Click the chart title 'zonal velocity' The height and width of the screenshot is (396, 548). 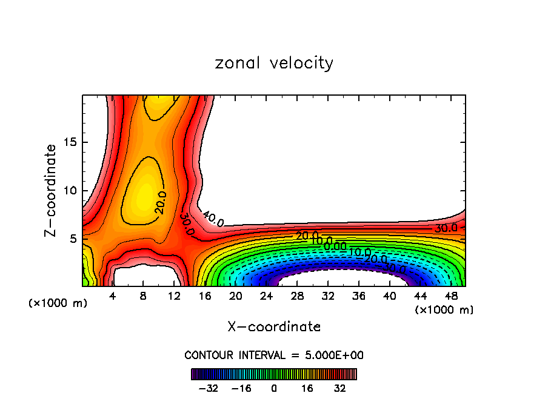click(x=274, y=63)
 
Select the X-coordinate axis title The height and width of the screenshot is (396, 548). click(x=274, y=327)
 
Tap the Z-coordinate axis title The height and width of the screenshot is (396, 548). click(x=52, y=190)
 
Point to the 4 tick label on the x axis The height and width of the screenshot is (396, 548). click(x=112, y=295)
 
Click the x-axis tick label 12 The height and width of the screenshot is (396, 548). click(x=174, y=295)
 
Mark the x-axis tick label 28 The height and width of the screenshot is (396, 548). click(x=297, y=295)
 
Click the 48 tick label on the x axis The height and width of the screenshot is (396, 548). click(x=451, y=295)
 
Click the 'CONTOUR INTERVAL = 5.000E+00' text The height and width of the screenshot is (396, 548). click(x=274, y=355)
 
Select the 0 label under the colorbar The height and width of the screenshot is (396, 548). click(x=274, y=388)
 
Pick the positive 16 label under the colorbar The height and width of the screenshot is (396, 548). click(x=307, y=388)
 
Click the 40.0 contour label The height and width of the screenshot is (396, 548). click(x=213, y=219)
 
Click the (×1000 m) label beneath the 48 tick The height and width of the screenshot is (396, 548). click(x=444, y=310)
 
